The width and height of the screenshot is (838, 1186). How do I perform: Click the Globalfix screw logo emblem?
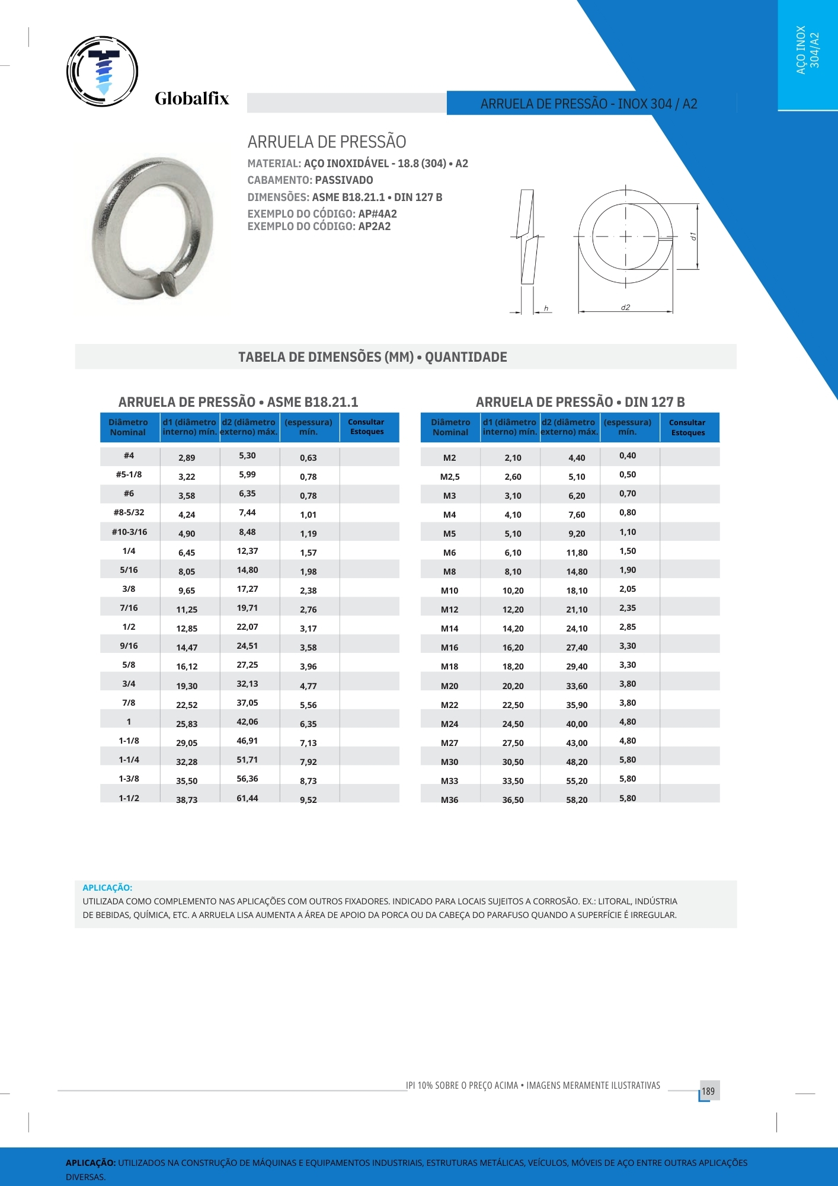pyautogui.click(x=103, y=71)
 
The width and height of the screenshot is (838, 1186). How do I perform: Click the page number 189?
pyautogui.click(x=708, y=1091)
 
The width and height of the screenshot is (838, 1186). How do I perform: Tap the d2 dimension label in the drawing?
pyautogui.click(x=625, y=307)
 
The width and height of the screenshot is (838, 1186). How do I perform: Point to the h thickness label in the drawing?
pyautogui.click(x=546, y=308)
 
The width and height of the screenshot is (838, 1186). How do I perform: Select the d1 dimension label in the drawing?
pyautogui.click(x=693, y=236)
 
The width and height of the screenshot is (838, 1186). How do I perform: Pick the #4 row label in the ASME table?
pyautogui.click(x=129, y=455)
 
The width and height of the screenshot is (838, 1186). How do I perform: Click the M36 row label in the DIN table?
pyautogui.click(x=449, y=799)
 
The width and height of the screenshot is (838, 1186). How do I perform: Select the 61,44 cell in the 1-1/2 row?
pyautogui.click(x=247, y=798)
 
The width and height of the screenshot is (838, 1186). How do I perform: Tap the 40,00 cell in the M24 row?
pyautogui.click(x=576, y=723)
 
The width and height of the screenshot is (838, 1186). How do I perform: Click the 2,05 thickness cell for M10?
pyautogui.click(x=627, y=589)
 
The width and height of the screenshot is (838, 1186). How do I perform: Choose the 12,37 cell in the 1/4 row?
pyautogui.click(x=247, y=551)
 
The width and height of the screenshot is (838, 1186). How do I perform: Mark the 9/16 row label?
pyautogui.click(x=129, y=646)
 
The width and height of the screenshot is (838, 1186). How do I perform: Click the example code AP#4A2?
pyautogui.click(x=378, y=213)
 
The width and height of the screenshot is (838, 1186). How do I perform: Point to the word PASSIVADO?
pyautogui.click(x=344, y=180)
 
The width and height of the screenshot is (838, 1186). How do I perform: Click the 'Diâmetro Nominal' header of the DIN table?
pyautogui.click(x=450, y=427)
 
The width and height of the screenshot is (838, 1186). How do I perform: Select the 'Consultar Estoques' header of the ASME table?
pyautogui.click(x=366, y=427)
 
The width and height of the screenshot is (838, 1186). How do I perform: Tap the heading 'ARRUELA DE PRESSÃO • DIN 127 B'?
pyautogui.click(x=580, y=402)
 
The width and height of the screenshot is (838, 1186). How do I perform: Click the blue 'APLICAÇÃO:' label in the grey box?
pyautogui.click(x=107, y=887)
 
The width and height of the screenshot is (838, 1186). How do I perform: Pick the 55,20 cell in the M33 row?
pyautogui.click(x=576, y=780)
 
